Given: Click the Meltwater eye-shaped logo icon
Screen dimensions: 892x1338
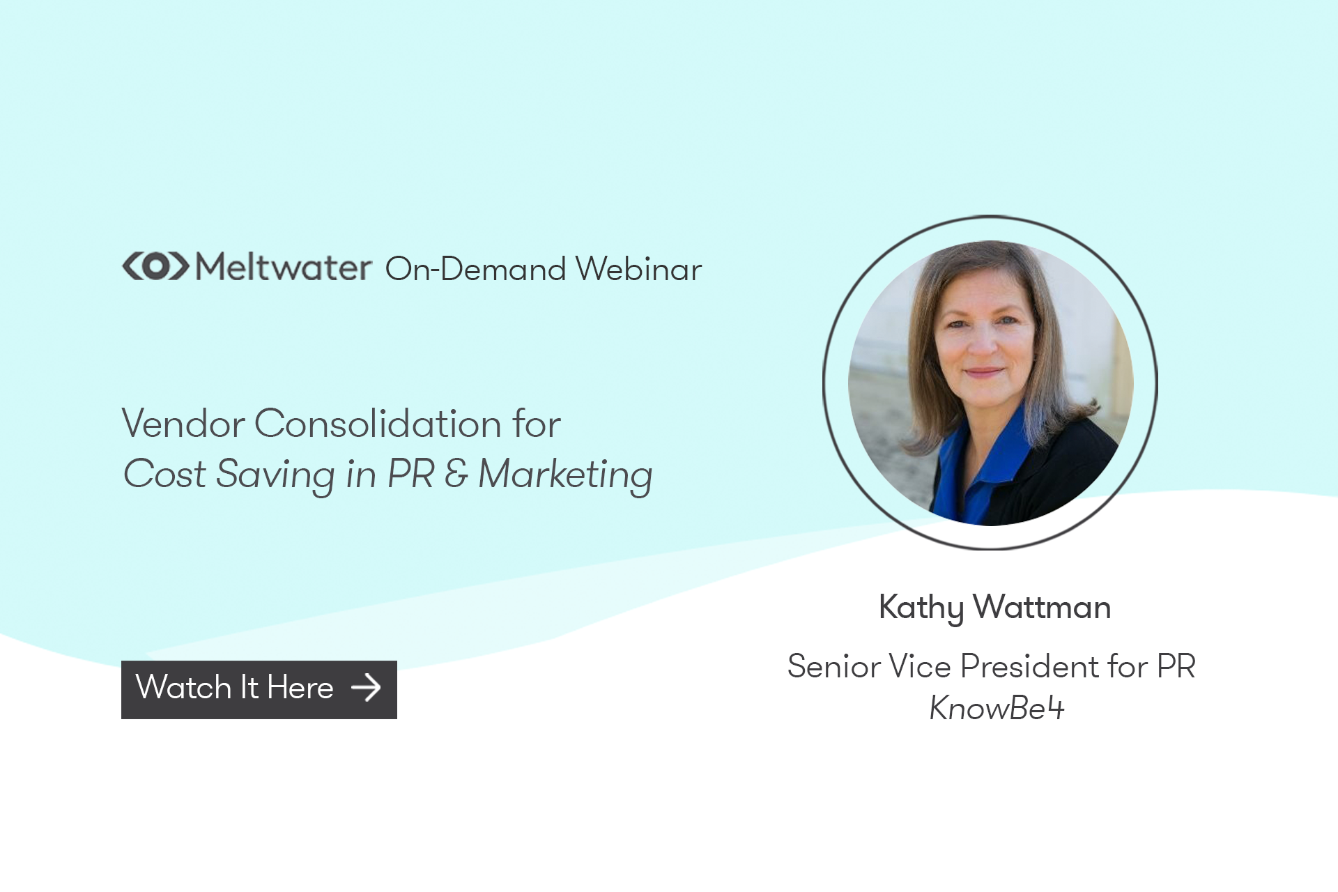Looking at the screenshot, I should [155, 266].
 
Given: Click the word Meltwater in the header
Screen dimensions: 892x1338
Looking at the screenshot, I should [283, 268].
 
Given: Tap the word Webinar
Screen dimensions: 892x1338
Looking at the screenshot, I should [638, 269].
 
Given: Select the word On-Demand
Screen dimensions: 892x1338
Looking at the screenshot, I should [475, 269].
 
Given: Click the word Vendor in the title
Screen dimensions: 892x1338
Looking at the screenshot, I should [183, 424].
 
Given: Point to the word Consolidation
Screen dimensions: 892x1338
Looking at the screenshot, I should [378, 424].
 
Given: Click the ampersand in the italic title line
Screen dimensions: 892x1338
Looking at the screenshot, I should [456, 474].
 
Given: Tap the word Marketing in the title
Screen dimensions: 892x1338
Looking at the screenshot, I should [565, 475].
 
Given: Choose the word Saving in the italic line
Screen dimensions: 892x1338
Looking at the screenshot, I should [275, 475].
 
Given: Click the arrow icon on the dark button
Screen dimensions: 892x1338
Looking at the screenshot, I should [366, 688].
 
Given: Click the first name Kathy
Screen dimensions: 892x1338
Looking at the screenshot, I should [921, 608].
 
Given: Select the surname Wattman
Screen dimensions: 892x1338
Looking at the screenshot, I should [1042, 608].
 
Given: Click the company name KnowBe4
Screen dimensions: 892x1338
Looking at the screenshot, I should [997, 709].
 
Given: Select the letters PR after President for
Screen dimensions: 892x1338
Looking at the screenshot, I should [1176, 666].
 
